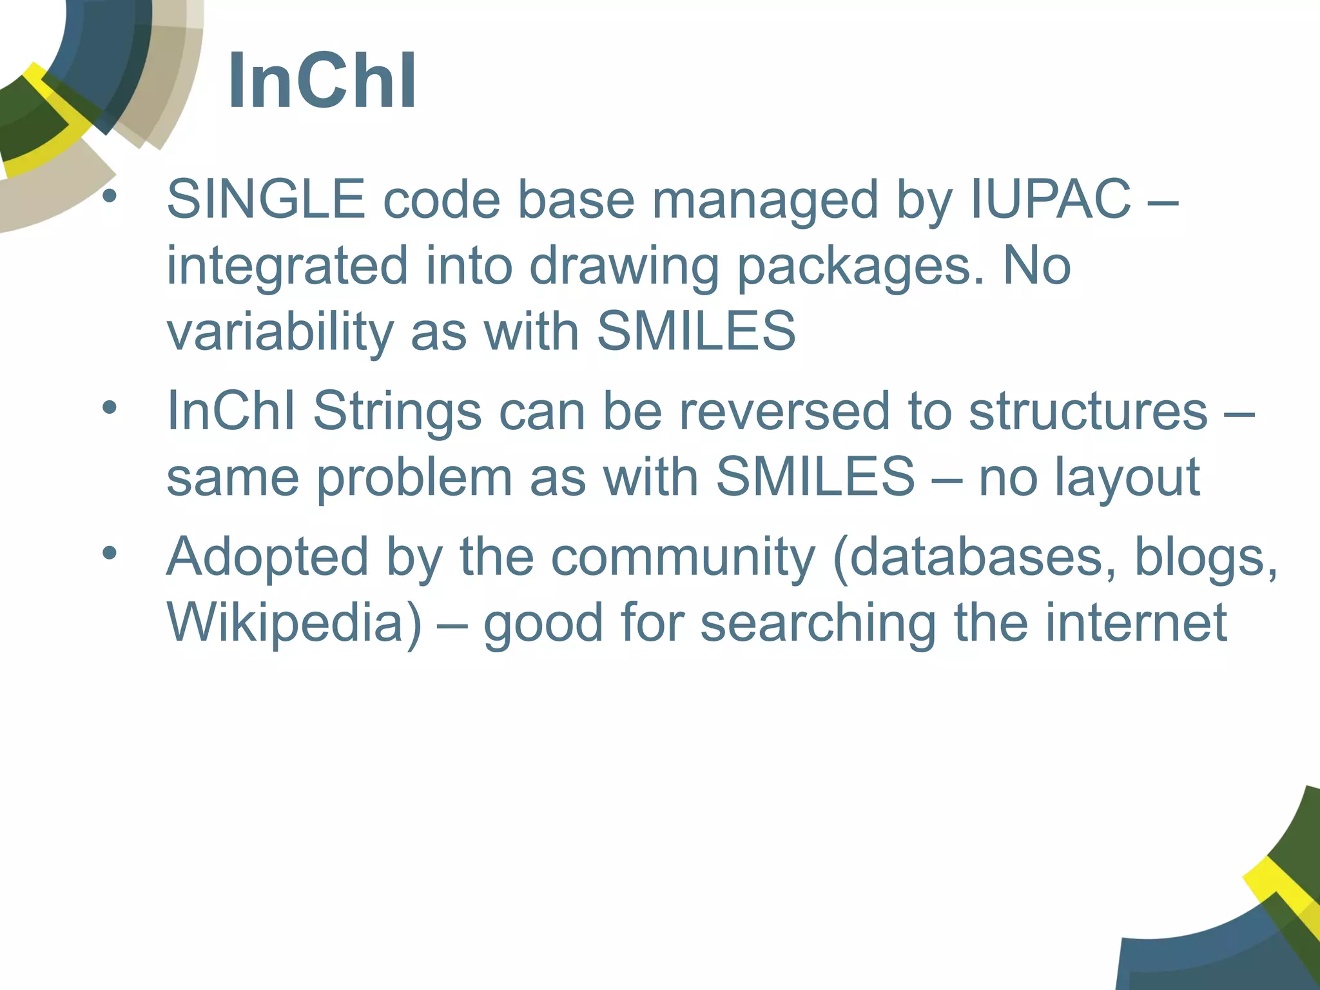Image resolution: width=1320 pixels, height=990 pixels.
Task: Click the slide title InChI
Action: tap(322, 82)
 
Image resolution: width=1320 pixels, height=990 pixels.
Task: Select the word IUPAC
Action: tap(1051, 199)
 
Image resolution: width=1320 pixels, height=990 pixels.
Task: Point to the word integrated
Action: tap(287, 266)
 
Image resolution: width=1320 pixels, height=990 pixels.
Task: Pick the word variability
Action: tap(280, 332)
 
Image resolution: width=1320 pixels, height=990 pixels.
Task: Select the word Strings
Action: tap(397, 412)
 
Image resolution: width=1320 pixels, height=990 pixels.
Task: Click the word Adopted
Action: tap(267, 558)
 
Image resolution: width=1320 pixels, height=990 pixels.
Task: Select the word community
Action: tap(683, 558)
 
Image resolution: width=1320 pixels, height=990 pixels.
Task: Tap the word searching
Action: tap(818, 623)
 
